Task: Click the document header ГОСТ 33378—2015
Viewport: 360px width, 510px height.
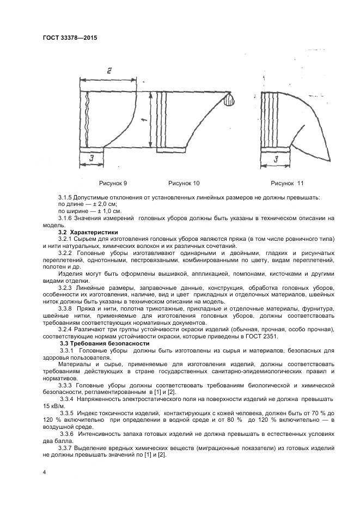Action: pos(70,38)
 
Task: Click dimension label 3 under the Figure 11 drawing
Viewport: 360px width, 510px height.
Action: pos(276,160)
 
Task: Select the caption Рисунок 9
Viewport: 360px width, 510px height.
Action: pos(113,183)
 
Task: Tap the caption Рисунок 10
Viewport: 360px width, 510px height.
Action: pos(184,183)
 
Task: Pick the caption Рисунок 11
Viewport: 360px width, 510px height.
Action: pos(287,183)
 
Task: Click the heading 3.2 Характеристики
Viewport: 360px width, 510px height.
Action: pos(87,232)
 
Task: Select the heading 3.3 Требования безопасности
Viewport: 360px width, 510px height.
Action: pos(103,344)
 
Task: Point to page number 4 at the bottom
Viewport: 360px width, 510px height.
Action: pos(44,472)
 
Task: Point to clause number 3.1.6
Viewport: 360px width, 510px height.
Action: pos(67,218)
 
